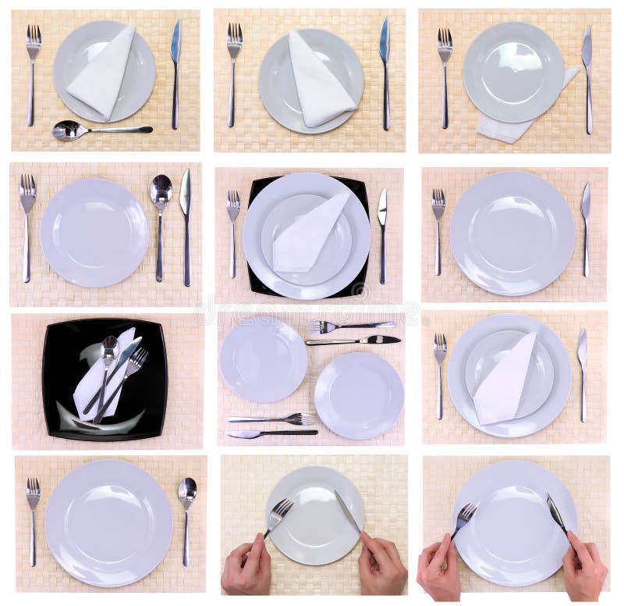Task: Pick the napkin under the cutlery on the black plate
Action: [87, 387]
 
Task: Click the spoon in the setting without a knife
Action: [186, 515]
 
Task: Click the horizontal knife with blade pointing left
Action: [273, 433]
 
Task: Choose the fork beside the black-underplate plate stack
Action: [233, 230]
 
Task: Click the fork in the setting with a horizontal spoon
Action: [33, 70]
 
